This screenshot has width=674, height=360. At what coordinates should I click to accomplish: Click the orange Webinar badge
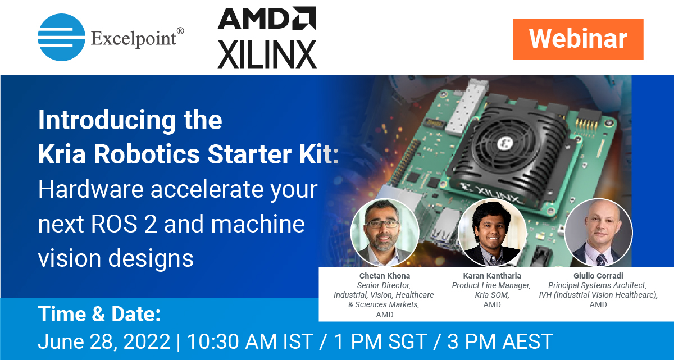click(x=578, y=39)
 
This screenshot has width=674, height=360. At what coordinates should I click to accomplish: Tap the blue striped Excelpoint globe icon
click(x=61, y=37)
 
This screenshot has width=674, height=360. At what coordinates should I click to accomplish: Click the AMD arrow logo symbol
click(x=304, y=18)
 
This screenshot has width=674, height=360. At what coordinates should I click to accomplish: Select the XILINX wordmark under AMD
click(x=267, y=54)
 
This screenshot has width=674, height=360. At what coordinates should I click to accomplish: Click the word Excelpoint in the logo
click(x=134, y=39)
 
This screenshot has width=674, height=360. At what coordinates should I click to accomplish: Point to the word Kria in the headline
click(x=62, y=154)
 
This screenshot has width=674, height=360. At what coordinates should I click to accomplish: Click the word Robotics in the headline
click(x=147, y=154)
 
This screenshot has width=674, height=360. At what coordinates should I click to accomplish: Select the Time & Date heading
click(x=99, y=314)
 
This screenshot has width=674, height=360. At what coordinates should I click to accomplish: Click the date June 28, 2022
click(x=104, y=341)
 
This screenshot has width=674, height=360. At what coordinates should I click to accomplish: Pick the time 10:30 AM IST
click(x=251, y=341)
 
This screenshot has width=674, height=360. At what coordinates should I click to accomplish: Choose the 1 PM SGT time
click(x=381, y=341)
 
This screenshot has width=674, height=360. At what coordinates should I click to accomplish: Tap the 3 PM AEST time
click(x=500, y=341)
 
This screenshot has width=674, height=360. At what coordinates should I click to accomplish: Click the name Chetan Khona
click(x=385, y=276)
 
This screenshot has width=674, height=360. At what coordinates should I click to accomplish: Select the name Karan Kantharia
click(x=492, y=276)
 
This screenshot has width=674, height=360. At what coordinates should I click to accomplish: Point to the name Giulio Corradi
click(x=598, y=276)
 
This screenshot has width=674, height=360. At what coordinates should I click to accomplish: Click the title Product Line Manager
click(x=491, y=286)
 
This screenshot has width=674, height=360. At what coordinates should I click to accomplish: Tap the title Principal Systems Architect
click(x=597, y=286)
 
